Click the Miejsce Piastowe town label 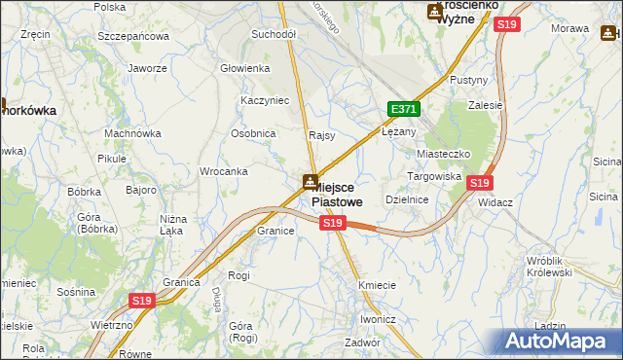[337, 195]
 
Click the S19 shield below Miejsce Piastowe [333, 224]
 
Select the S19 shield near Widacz [479, 182]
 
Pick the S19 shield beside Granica [142, 301]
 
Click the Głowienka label [244, 68]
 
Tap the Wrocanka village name [223, 171]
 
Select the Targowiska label [433, 177]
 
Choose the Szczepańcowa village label [133, 36]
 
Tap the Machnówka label [132, 133]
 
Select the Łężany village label [399, 131]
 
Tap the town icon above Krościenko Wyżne [435, 11]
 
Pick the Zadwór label [361, 342]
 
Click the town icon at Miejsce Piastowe [309, 181]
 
